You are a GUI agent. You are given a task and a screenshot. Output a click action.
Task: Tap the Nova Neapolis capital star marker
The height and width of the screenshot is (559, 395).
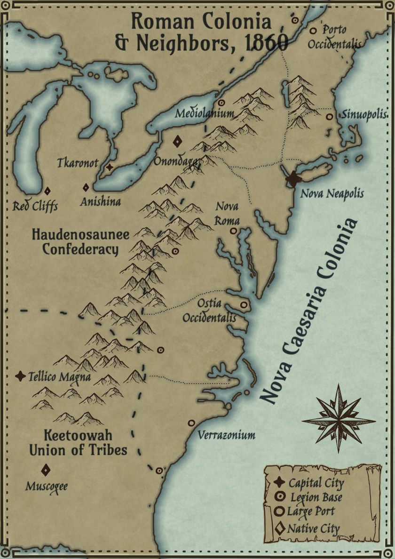tap(293, 179)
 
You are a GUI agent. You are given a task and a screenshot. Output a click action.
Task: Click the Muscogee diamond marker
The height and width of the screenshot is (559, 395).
tap(46, 470)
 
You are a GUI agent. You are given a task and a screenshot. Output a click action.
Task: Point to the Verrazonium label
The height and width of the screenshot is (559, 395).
tap(226, 435)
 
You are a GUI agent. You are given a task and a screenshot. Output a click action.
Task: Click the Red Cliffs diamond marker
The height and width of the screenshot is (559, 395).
tap(47, 191)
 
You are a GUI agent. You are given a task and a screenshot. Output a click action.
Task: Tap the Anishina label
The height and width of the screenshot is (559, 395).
tap(100, 202)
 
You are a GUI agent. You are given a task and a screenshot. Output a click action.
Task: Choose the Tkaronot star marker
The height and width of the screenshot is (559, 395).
tap(110, 167)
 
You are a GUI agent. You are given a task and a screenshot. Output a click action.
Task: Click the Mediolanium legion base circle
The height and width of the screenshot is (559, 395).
tap(221, 103)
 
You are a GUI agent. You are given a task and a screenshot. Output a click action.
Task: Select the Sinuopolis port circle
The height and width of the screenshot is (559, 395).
tap(330, 116)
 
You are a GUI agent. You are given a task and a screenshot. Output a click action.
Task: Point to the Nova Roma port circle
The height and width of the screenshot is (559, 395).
tap(233, 231)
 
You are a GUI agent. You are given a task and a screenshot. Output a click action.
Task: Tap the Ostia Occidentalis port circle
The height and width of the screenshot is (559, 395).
tap(244, 305)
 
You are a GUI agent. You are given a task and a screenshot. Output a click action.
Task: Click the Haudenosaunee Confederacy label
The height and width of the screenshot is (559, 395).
tap(80, 242)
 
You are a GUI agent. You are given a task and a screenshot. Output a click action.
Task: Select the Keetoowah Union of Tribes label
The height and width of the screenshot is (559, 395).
tap(78, 442)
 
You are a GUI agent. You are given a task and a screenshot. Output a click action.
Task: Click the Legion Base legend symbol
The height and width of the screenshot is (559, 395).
tap(280, 497)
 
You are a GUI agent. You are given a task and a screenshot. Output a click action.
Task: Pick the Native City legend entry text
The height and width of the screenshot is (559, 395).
tap(313, 528)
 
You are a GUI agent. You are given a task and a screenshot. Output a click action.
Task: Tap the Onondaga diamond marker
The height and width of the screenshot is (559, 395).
tap(178, 141)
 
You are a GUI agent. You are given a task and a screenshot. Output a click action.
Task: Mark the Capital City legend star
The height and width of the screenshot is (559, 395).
tap(279, 482)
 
